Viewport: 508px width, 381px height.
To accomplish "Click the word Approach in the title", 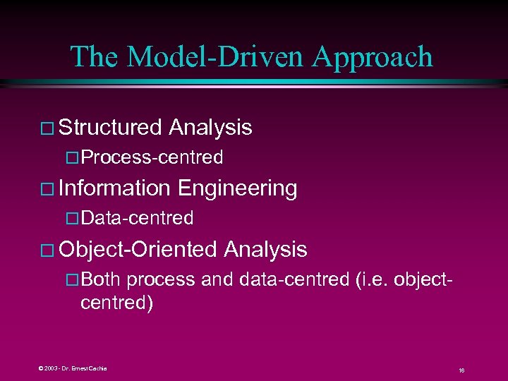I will [x=373, y=57].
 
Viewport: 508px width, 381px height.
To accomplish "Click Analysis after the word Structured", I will [x=210, y=127].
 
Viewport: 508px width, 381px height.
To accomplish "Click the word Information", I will [x=115, y=188].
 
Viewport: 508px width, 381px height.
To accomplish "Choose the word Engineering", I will [x=237, y=188].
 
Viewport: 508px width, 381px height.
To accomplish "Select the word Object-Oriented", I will [x=138, y=249].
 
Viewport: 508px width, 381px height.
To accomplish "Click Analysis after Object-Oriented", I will [x=265, y=249].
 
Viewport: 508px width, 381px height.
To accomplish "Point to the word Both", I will [x=101, y=279].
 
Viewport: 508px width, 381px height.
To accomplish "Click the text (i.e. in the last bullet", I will [x=370, y=279].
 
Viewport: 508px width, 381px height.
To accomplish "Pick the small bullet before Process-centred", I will [x=70, y=158].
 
